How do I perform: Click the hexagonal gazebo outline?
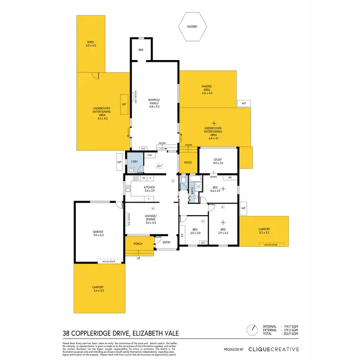(x=192, y=28)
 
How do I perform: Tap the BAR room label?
(x=141, y=50)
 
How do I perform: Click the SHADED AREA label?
(x=206, y=88)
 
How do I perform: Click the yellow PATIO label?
(x=188, y=162)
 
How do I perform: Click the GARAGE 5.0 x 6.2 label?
(x=98, y=234)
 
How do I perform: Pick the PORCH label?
(x=138, y=244)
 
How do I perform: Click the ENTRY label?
(x=167, y=242)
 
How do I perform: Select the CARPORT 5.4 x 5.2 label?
(x=98, y=289)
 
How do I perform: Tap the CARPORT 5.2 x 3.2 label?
(x=264, y=231)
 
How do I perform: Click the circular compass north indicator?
(x=252, y=330)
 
